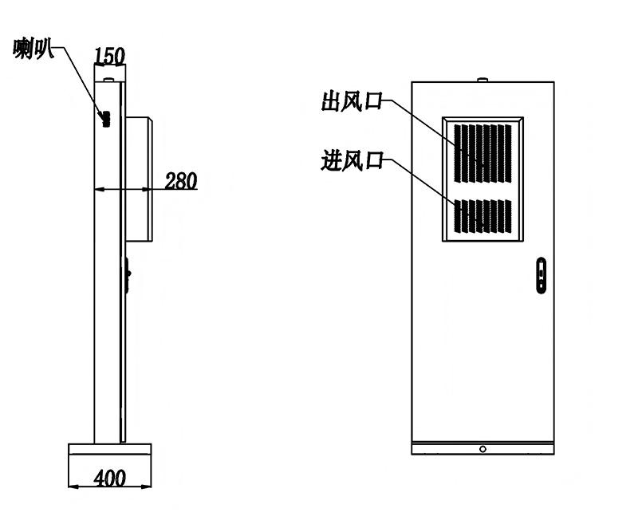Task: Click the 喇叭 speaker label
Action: [x=33, y=49]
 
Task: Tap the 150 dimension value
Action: [x=109, y=56]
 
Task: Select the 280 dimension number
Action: [x=181, y=181]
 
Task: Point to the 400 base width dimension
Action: [x=110, y=478]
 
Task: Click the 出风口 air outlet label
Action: [x=352, y=101]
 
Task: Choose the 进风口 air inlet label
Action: [x=352, y=160]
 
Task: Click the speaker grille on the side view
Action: [x=107, y=119]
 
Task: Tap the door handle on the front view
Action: [x=542, y=275]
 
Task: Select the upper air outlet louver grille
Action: [x=482, y=154]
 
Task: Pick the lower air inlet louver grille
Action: [x=482, y=216]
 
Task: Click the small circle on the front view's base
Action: [x=482, y=449]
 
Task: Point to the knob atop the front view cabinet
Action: [x=482, y=80]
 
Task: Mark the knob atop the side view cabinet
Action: [x=108, y=81]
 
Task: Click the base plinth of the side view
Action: [x=110, y=449]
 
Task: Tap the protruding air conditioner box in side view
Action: [x=139, y=179]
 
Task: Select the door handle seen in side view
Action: [x=127, y=275]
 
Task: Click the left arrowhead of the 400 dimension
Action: [x=73, y=486]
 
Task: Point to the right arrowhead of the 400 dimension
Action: [x=147, y=486]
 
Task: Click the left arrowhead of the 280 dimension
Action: [x=99, y=189]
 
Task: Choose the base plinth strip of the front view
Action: [x=482, y=448]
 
